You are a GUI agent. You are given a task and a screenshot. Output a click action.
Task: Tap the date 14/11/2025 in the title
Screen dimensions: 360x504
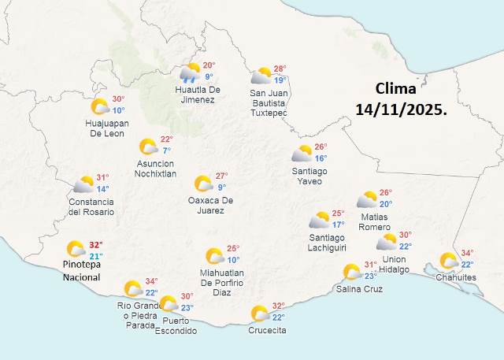(x=400, y=111)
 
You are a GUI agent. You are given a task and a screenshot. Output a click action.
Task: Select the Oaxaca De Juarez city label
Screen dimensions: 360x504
(x=210, y=206)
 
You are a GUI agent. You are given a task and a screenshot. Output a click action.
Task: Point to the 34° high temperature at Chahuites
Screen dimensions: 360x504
(x=467, y=254)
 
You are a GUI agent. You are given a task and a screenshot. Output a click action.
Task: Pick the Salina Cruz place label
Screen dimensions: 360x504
(x=359, y=289)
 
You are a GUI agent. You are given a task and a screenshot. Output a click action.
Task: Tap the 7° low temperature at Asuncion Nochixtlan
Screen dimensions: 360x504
(x=167, y=150)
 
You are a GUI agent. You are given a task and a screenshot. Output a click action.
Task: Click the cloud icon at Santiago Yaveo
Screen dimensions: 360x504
(x=302, y=154)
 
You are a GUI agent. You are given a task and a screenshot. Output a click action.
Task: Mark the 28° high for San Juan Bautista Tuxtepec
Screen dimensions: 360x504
(x=279, y=69)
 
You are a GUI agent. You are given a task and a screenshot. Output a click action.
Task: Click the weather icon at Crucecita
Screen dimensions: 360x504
(x=259, y=314)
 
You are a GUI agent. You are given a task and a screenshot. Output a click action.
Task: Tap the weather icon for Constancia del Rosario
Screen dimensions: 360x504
(x=84, y=185)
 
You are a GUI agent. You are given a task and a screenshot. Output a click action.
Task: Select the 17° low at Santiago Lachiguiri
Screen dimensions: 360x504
(x=338, y=225)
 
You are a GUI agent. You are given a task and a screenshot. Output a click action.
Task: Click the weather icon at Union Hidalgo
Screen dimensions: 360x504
(x=387, y=243)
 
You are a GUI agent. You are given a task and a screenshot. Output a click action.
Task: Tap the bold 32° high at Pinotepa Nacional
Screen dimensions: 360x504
(x=95, y=245)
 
